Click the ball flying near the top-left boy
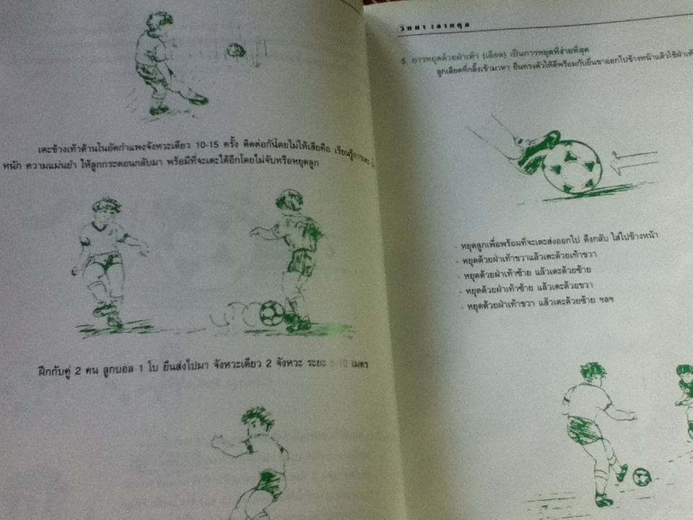click(236, 51)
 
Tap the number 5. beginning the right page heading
click(405, 62)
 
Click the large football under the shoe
click(572, 166)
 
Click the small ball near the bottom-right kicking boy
click(641, 477)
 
